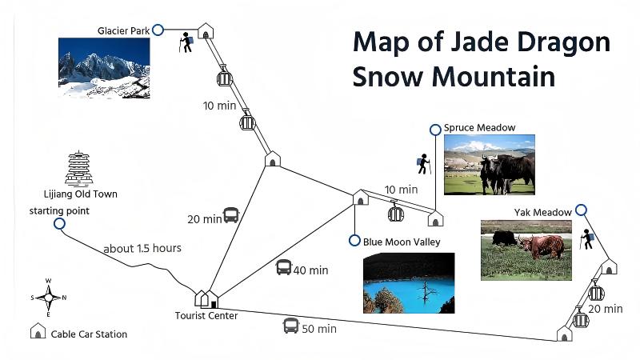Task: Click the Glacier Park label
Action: click(124, 30)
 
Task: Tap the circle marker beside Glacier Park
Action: click(158, 30)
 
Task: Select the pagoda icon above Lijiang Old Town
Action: click(79, 168)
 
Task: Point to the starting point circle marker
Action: click(58, 224)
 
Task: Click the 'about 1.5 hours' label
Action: click(142, 248)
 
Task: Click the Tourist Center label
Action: click(206, 315)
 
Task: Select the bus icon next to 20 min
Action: click(230, 215)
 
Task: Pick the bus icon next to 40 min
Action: click(284, 268)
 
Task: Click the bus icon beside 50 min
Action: click(290, 326)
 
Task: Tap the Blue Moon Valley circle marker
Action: click(354, 241)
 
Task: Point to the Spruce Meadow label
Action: click(479, 127)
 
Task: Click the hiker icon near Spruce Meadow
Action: click(423, 164)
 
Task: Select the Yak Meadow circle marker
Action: click(581, 210)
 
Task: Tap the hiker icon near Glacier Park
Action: click(187, 42)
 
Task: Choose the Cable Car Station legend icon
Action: click(37, 333)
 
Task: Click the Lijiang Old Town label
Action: click(81, 194)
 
